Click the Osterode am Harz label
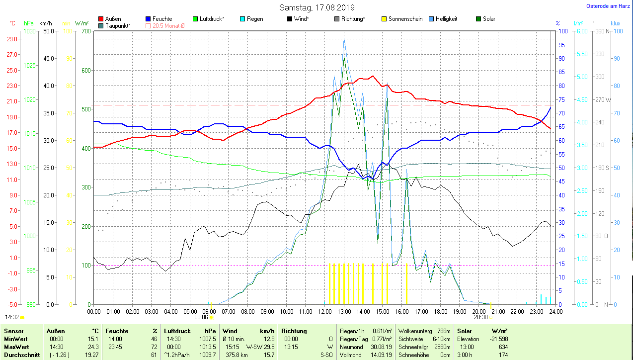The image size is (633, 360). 609,6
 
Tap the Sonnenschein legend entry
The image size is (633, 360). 405,19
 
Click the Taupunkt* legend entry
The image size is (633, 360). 117,25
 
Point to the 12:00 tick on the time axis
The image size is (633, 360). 325,312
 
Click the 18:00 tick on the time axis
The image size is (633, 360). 440,312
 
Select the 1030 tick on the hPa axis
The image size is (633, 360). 30,31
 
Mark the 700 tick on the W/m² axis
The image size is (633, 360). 86,31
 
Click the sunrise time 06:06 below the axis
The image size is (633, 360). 201,317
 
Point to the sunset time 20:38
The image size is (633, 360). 480,317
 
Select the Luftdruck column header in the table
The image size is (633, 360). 177,331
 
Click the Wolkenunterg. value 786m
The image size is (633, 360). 444,331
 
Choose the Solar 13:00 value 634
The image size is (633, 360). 503,347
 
